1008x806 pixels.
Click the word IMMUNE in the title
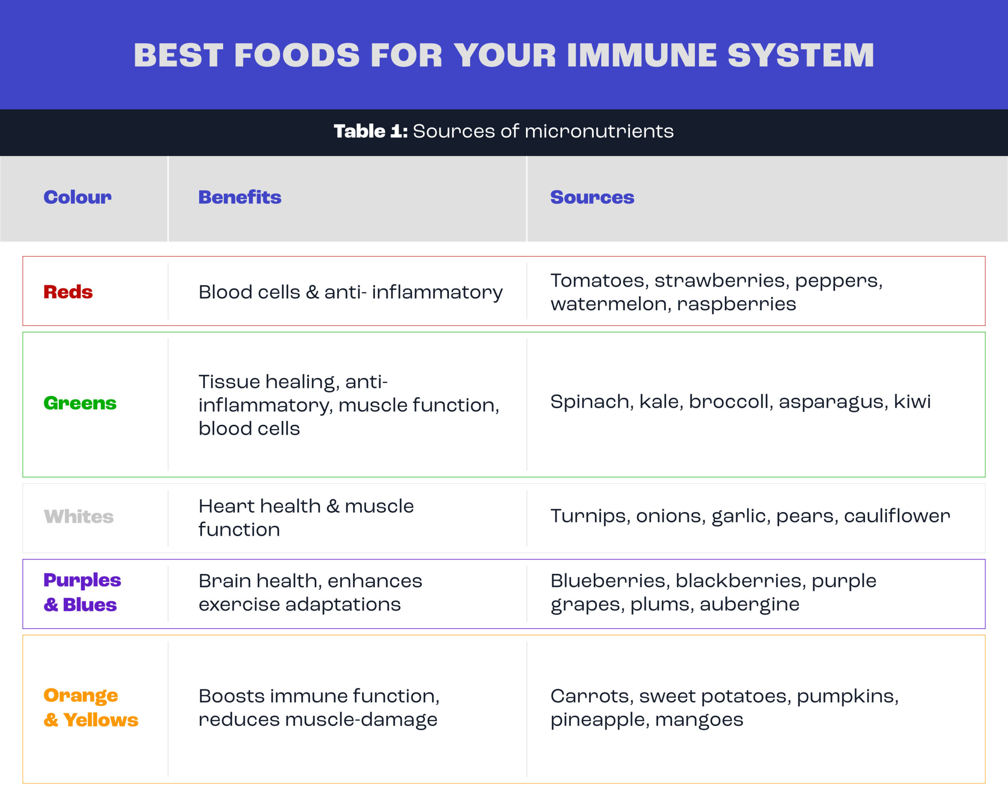641,55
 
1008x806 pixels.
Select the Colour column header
78,197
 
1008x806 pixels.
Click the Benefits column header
240,197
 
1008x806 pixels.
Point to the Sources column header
592,197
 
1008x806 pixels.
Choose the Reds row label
68,292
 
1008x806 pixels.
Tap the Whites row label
78,516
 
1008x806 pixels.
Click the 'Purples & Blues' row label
82,592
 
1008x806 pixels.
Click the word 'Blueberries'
611,581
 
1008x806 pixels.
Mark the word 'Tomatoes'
600,281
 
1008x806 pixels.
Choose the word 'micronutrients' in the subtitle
599,131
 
